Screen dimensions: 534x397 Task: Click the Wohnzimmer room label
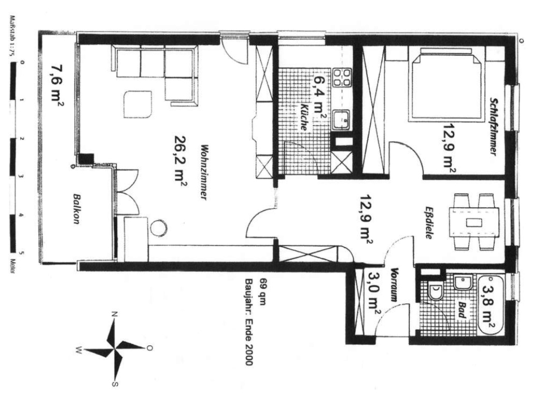204,173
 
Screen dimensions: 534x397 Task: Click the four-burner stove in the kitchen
342,77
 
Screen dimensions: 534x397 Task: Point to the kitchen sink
341,120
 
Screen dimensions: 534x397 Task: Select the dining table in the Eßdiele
474,223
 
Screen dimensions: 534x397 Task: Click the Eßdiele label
429,222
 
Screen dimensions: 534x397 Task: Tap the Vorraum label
394,285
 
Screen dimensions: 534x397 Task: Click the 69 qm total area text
262,292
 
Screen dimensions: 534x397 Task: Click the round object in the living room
159,228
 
